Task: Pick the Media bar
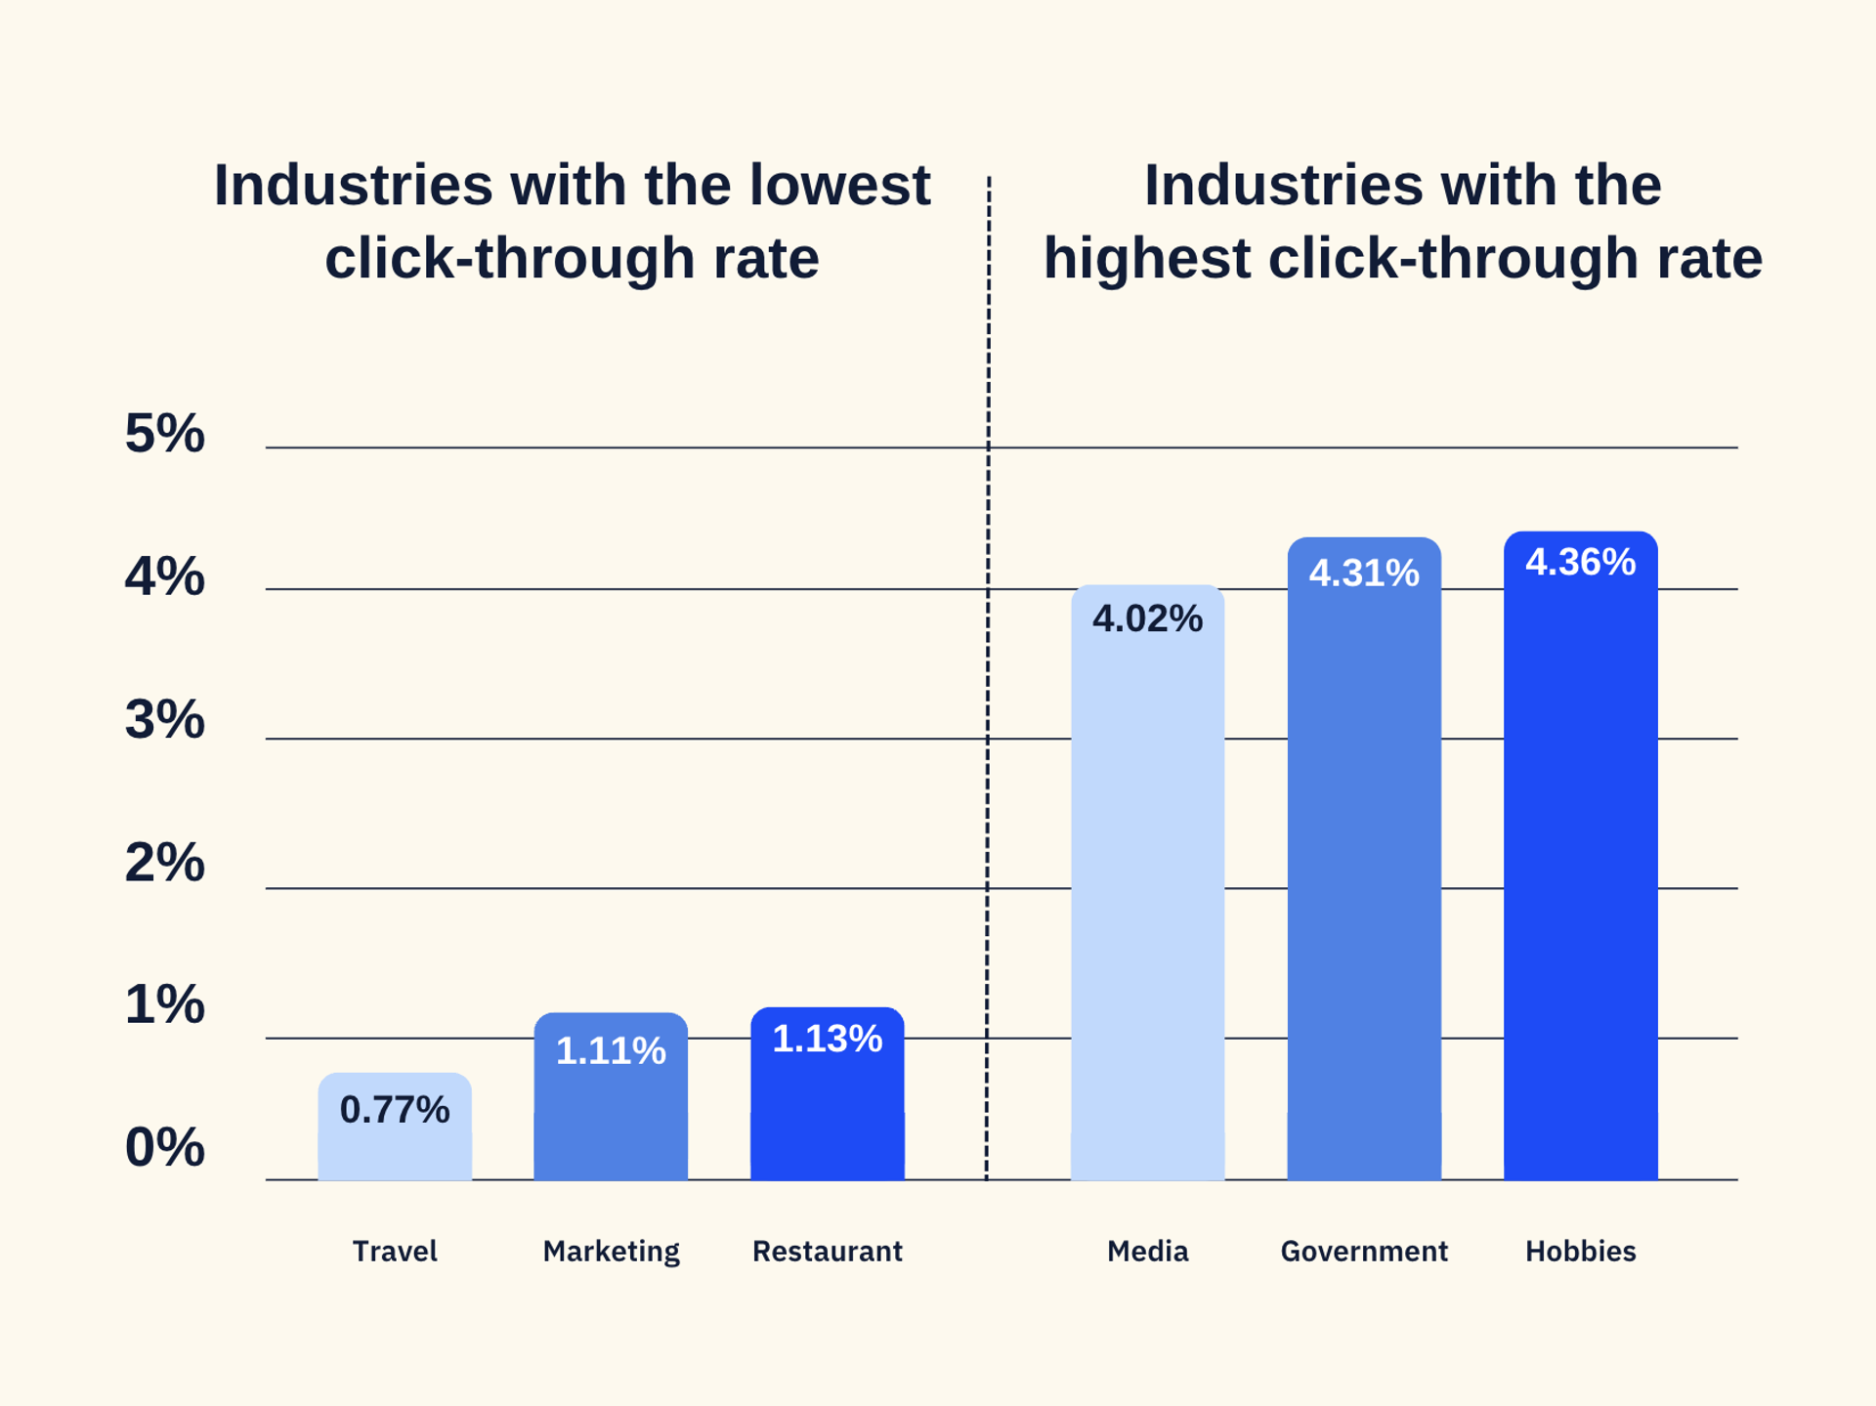[1147, 899]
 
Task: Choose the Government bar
[1364, 879]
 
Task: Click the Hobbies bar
[1580, 879]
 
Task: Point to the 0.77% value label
[395, 1109]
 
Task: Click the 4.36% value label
[1580, 562]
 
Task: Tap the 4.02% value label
[1147, 618]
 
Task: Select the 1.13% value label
[827, 1039]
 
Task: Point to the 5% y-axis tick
[164, 433]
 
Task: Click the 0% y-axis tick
[164, 1147]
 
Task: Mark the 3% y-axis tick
[164, 720]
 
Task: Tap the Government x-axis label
[1364, 1251]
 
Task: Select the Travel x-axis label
[395, 1251]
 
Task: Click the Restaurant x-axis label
[827, 1251]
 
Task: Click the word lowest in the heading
[839, 186]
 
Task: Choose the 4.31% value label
[1364, 573]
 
